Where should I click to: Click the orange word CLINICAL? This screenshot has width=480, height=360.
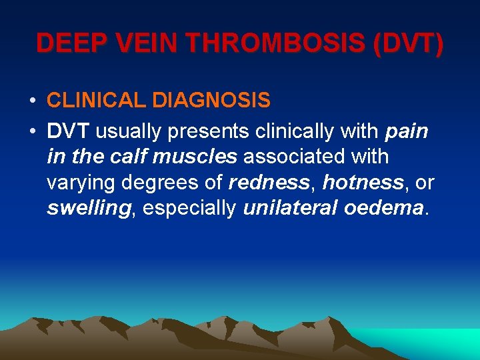[x=97, y=101]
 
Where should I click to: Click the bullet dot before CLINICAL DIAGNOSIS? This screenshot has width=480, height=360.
[x=32, y=101]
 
